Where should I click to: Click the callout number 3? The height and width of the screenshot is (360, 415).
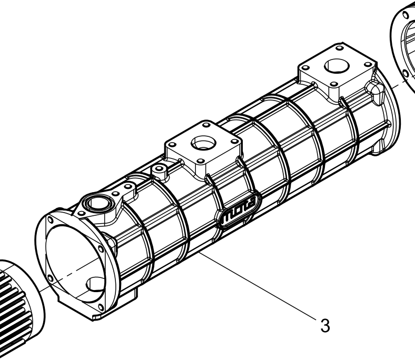(325, 326)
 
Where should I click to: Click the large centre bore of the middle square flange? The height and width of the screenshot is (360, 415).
(203, 143)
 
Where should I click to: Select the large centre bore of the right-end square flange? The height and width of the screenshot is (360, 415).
(337, 66)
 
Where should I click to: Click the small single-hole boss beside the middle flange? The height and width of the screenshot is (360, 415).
(159, 171)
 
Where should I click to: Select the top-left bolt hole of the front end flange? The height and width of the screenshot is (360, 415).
(50, 220)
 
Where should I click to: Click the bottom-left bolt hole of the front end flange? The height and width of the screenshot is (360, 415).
(50, 278)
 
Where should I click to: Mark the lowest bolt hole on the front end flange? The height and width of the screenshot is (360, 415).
(101, 307)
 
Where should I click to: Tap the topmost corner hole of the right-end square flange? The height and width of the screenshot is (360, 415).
(340, 48)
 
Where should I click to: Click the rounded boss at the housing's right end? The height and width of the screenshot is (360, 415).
(375, 90)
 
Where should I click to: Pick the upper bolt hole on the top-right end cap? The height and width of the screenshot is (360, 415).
(405, 15)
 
